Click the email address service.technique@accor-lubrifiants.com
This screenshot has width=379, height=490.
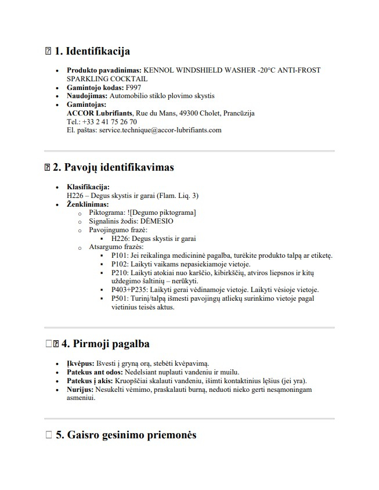pos(160,130)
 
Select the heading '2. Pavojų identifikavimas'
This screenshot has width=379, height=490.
pos(113,168)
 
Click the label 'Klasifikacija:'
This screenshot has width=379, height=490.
pos(88,187)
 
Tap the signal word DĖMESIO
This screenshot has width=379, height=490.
pos(157,221)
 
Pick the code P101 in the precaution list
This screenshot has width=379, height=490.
pos(119,255)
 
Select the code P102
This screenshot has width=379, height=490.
pos(119,264)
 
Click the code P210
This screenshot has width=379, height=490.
pos(119,272)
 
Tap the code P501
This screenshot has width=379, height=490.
pos(119,298)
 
